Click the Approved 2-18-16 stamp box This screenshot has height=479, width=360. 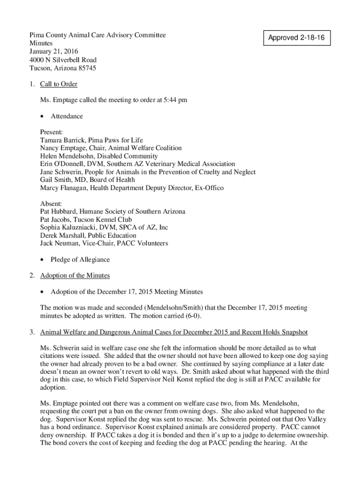(296, 37)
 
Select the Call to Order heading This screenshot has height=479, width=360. (59, 84)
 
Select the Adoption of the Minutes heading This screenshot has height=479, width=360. (75, 276)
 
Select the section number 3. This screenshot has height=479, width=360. (31, 332)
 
